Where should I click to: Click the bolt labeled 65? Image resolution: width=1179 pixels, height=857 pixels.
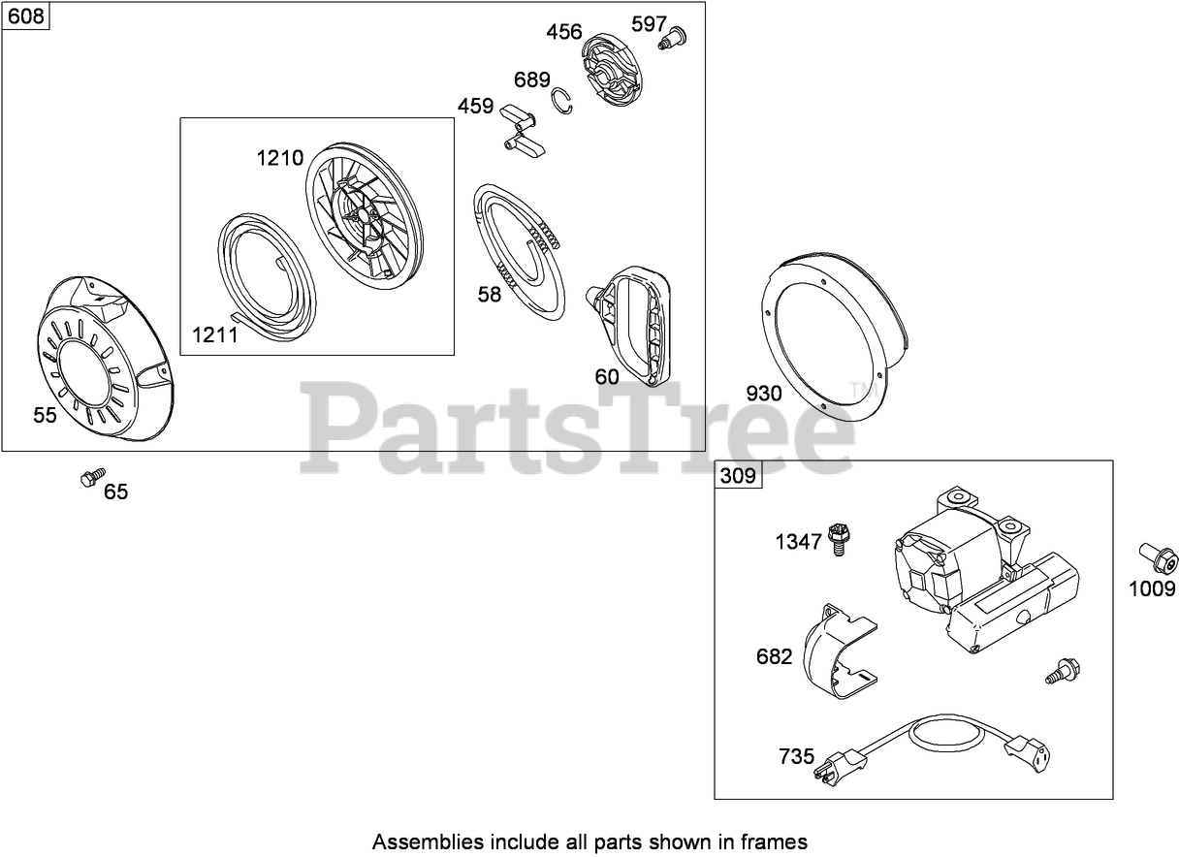coord(92,477)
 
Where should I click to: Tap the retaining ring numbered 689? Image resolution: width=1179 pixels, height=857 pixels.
coord(563,104)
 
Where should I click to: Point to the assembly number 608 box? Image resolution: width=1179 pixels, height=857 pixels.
coord(26,17)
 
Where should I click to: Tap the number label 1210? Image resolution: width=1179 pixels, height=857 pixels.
coord(280,158)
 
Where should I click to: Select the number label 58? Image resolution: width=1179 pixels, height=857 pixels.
coord(490,294)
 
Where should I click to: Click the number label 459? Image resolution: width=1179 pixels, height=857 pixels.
coord(475,106)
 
